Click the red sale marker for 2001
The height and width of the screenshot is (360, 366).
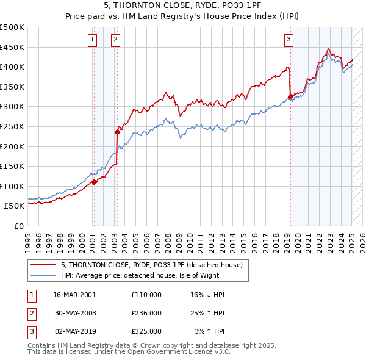[95, 182]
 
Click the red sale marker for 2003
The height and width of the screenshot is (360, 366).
[117, 132]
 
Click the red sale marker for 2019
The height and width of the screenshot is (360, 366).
[290, 96]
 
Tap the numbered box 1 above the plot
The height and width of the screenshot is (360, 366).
[92, 40]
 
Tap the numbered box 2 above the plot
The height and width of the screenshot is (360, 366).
[115, 40]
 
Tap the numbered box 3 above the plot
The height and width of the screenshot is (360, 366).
[289, 40]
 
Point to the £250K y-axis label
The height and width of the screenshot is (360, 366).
[12, 126]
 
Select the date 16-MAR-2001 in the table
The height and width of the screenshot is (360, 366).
[74, 295]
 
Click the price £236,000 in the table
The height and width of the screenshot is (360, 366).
[146, 313]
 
